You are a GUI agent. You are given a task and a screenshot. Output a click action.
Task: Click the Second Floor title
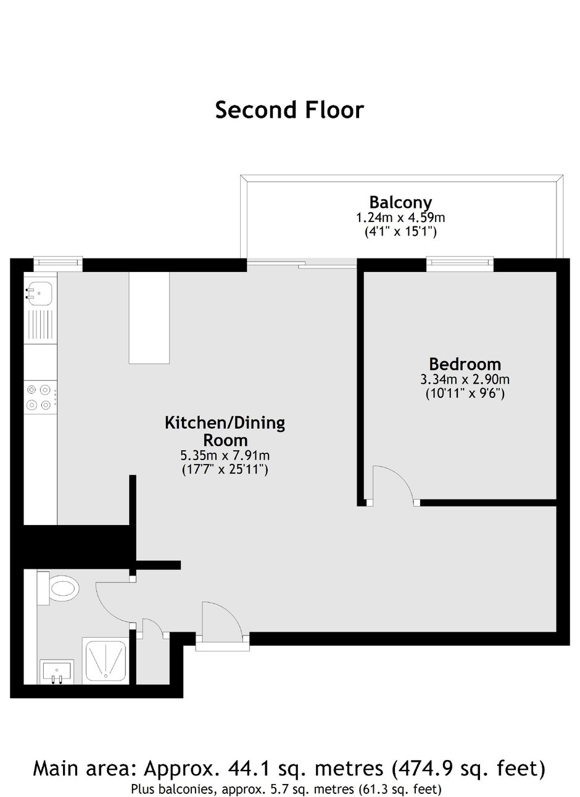tap(289, 110)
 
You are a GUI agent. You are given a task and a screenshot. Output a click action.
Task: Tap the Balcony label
tap(400, 202)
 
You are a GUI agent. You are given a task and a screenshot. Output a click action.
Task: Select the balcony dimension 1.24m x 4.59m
tap(400, 218)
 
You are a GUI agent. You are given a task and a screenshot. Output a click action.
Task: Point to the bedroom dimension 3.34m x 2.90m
tap(465, 379)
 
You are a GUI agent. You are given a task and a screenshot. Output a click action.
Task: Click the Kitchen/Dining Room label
tap(225, 431)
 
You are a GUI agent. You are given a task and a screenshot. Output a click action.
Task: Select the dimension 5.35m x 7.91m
tap(225, 456)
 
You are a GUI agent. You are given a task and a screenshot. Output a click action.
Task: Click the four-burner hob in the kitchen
tap(39, 397)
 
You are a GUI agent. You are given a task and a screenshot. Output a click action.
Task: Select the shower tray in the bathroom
tap(106, 662)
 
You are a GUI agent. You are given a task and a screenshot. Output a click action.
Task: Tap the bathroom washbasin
tap(56, 672)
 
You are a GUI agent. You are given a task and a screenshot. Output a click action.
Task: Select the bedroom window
tap(460, 264)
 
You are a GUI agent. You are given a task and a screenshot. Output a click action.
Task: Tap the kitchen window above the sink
tap(58, 264)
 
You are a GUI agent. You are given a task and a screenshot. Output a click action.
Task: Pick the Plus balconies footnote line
tap(286, 788)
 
